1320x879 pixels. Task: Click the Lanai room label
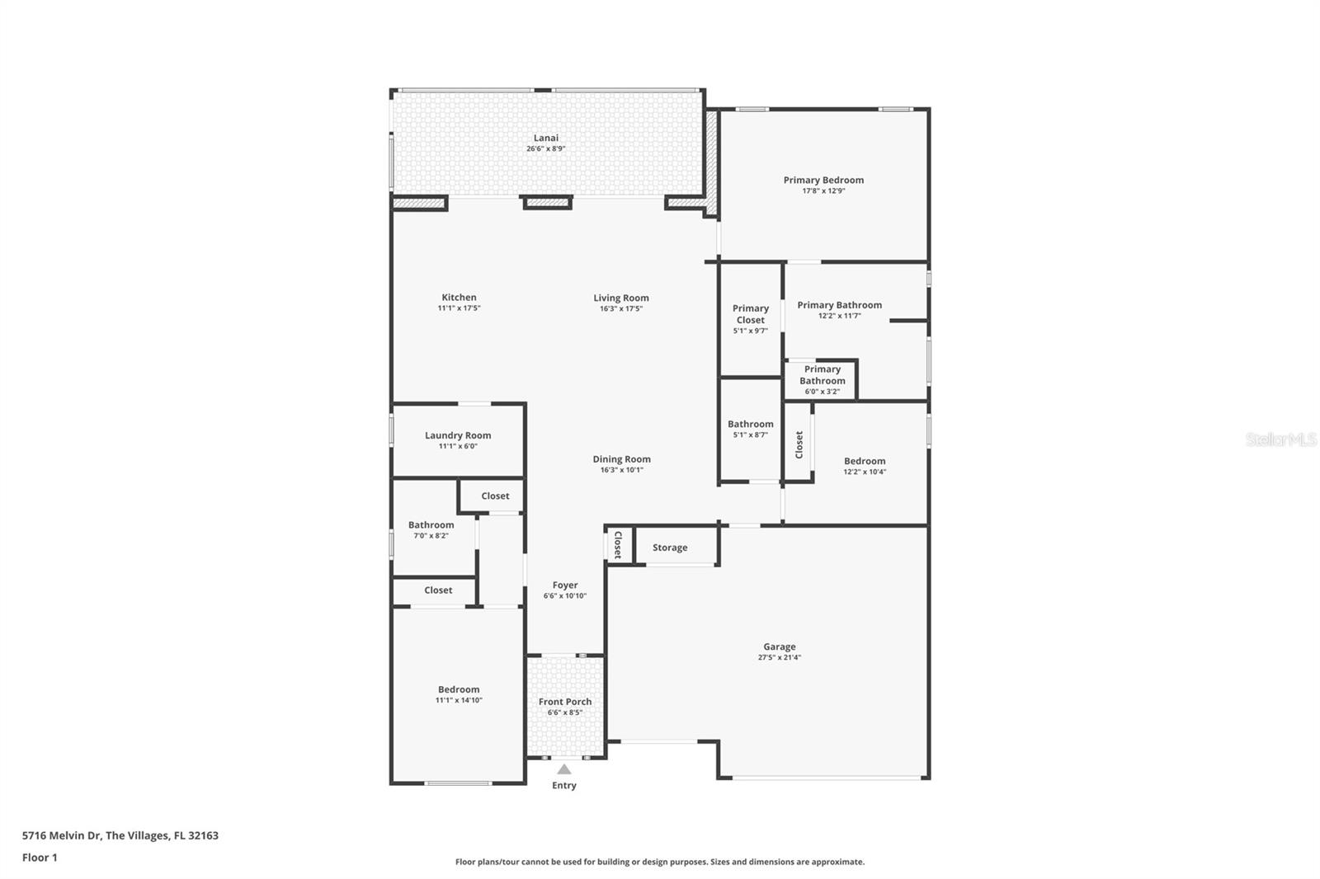click(x=545, y=138)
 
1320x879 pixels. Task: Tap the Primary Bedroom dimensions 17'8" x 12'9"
click(x=823, y=190)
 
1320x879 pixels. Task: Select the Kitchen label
click(x=459, y=298)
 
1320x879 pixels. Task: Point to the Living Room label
click(x=620, y=298)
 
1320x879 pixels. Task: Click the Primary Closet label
click(x=750, y=314)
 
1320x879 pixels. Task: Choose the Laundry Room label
click(x=458, y=435)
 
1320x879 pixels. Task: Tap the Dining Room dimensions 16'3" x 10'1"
click(x=621, y=470)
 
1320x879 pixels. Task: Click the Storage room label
click(x=669, y=548)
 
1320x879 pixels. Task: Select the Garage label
click(x=779, y=646)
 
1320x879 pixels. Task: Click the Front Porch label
click(x=564, y=702)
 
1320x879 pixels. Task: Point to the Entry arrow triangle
click(x=563, y=769)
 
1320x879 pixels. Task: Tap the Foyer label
click(x=564, y=585)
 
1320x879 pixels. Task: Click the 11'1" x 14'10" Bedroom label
click(x=459, y=689)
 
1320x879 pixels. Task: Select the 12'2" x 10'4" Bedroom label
click(x=864, y=461)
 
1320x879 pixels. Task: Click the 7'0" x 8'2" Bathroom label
click(x=431, y=524)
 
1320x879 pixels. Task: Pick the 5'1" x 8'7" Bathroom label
click(x=750, y=424)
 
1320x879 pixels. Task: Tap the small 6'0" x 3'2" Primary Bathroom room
click(x=822, y=379)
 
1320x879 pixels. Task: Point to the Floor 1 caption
click(x=40, y=858)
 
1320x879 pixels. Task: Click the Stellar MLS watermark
click(x=1280, y=439)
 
